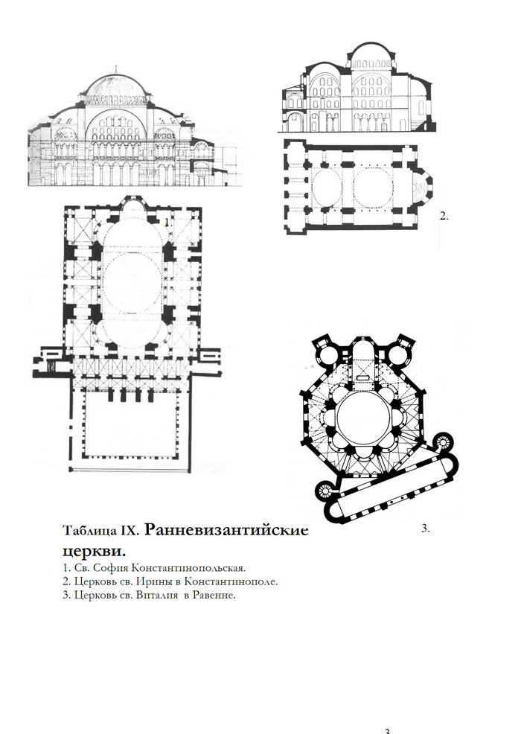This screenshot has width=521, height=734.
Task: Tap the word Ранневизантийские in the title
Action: (x=226, y=530)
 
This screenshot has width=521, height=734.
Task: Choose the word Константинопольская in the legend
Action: (x=188, y=568)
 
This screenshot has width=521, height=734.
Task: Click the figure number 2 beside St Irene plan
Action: (x=444, y=216)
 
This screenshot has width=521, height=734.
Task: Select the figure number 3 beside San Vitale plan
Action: (x=425, y=529)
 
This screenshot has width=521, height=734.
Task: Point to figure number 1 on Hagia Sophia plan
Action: (x=168, y=223)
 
